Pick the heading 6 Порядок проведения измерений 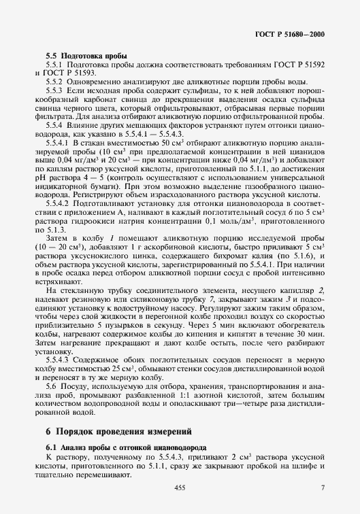[119, 432]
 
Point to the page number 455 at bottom [180, 488]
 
